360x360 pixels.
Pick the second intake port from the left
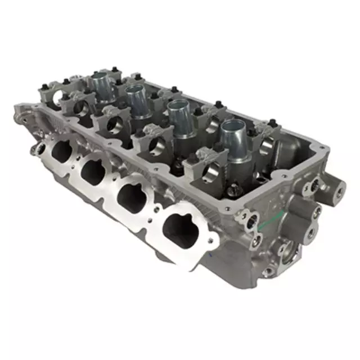(x=93, y=170)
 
